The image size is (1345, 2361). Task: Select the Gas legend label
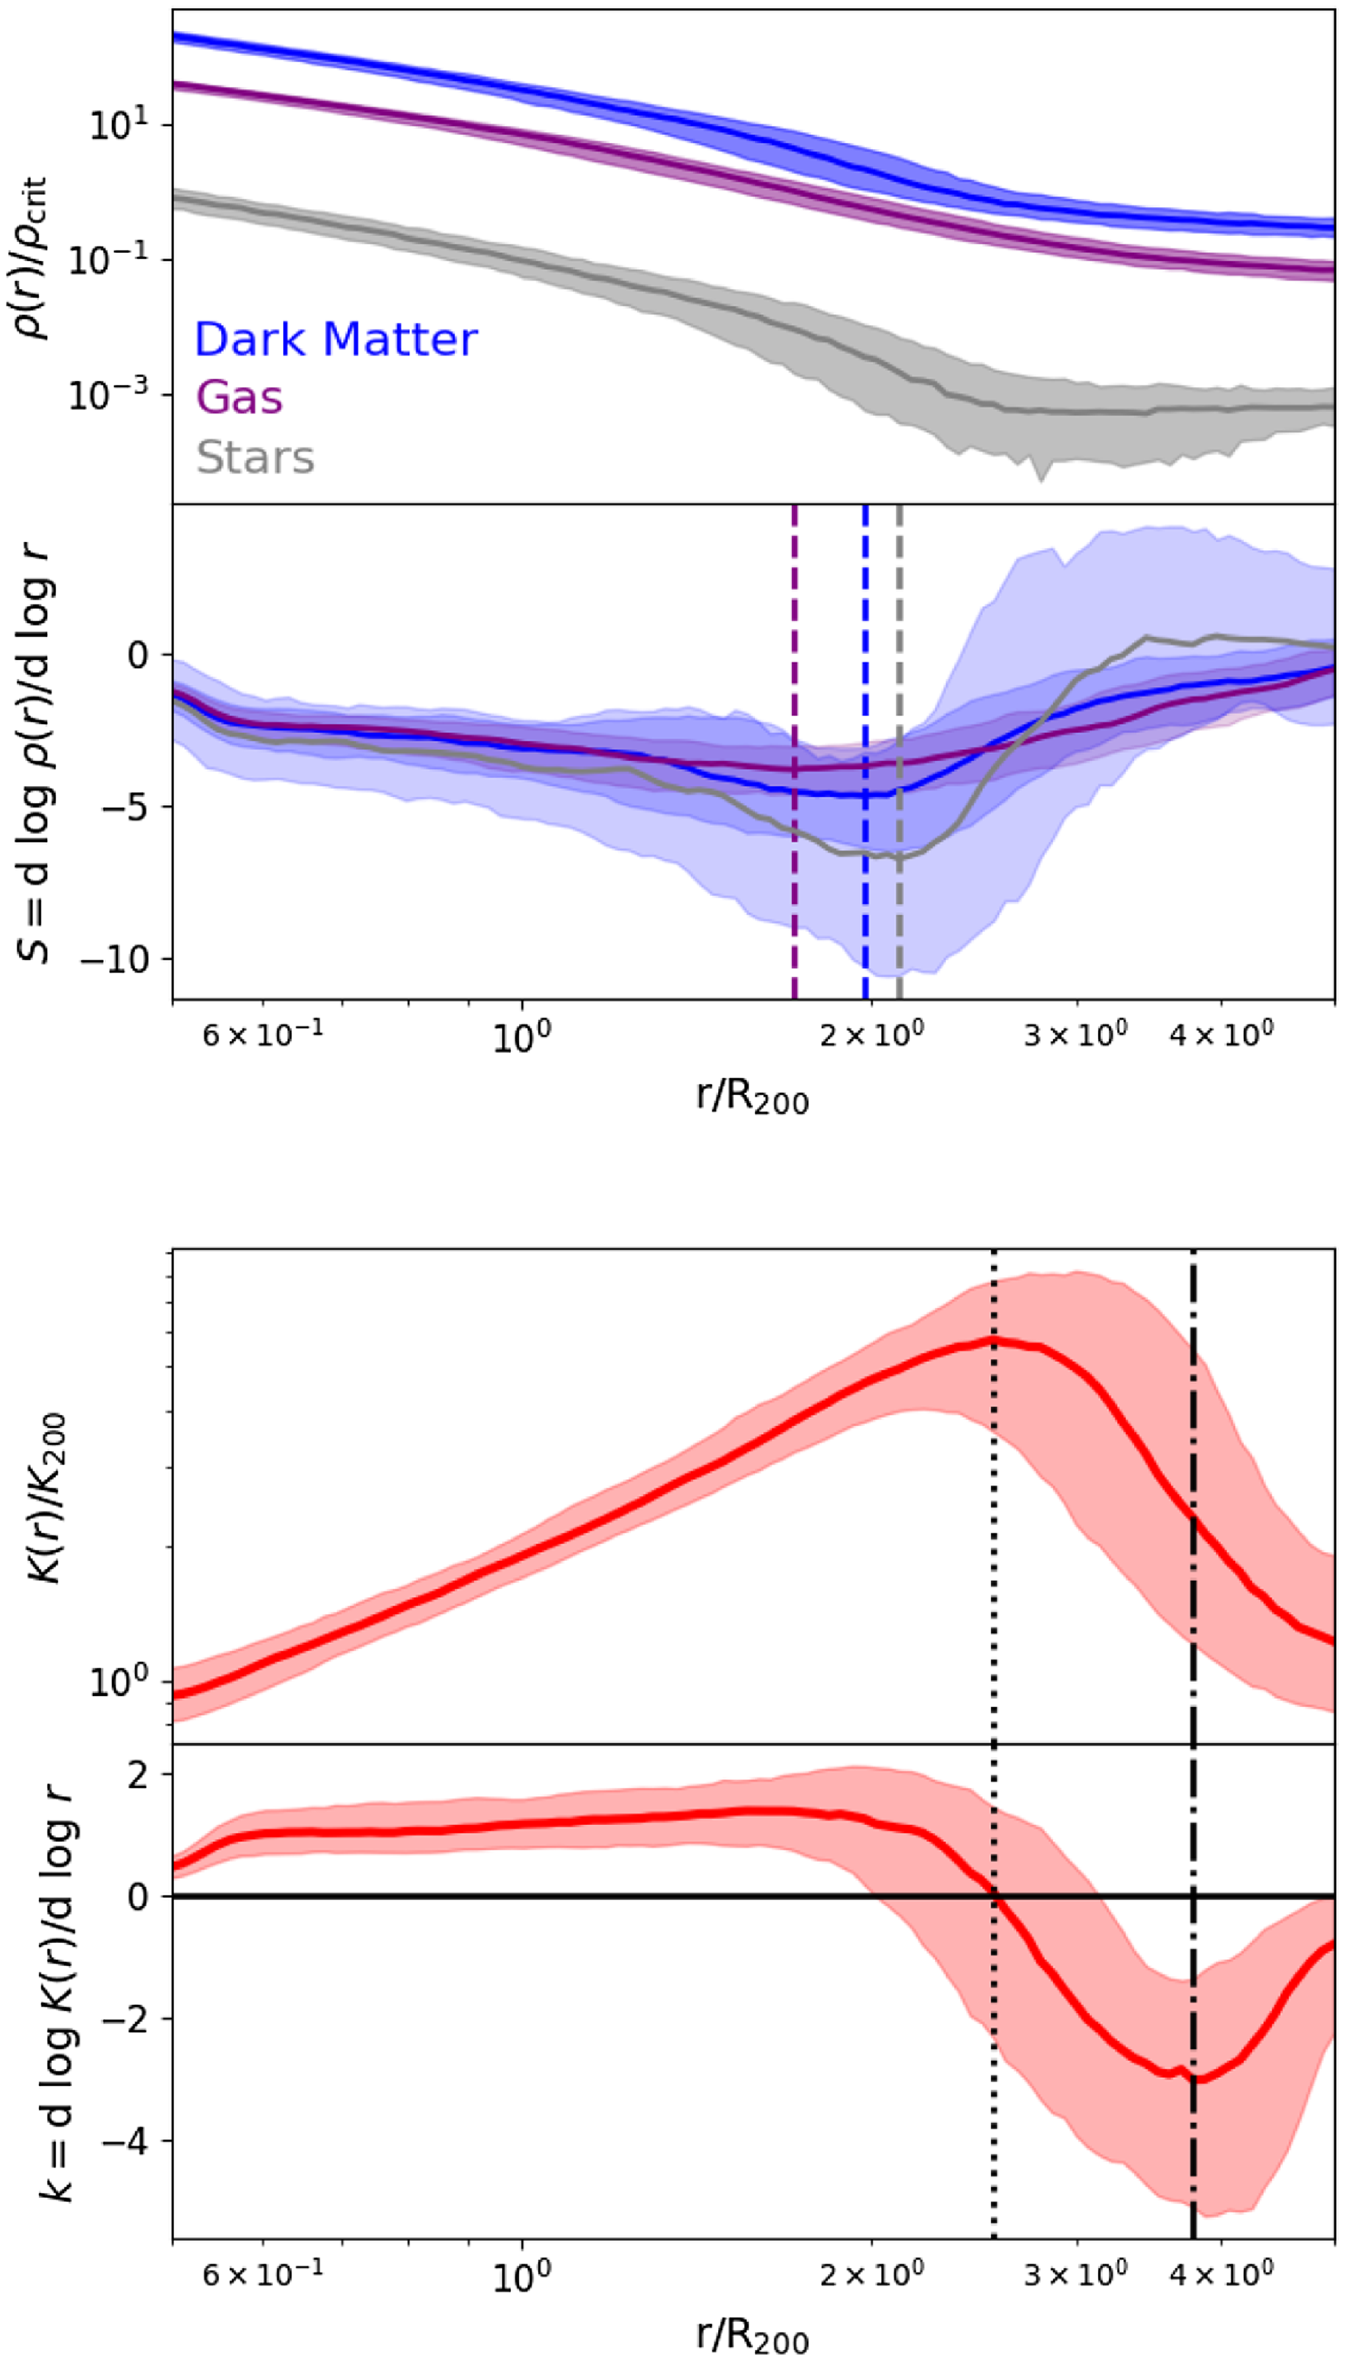(239, 398)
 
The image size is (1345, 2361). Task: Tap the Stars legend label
(255, 457)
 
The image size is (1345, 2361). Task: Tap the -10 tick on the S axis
(115, 960)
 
